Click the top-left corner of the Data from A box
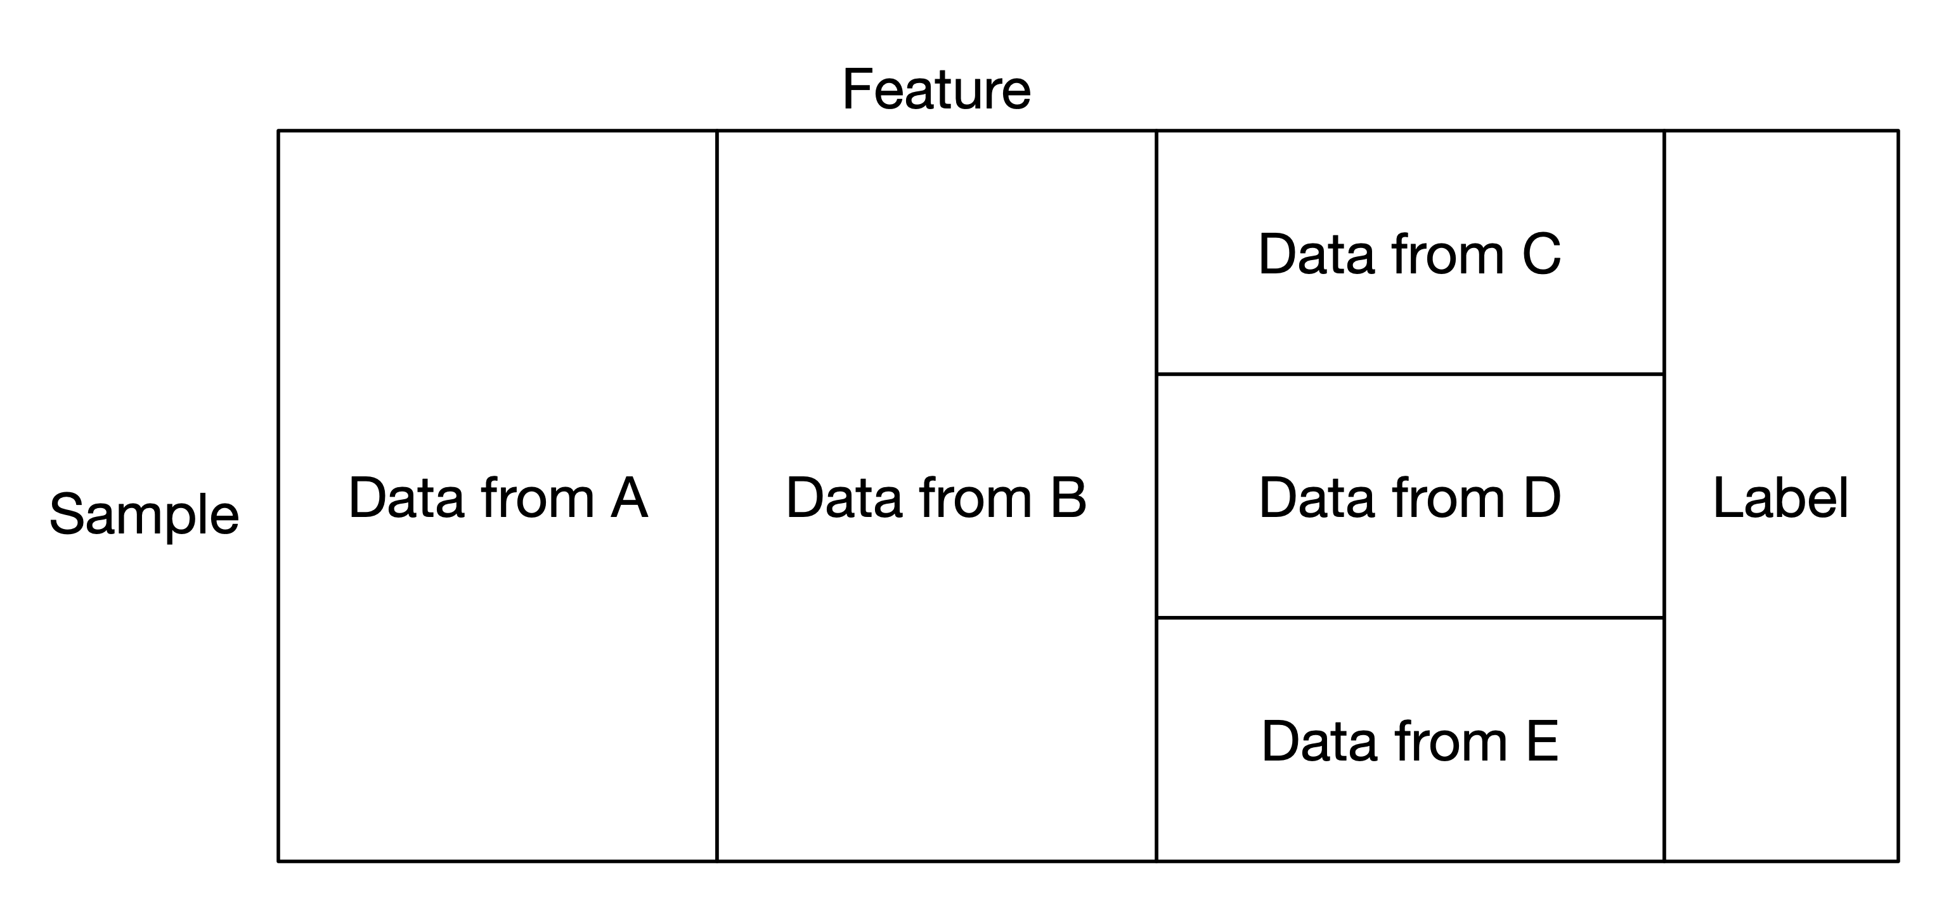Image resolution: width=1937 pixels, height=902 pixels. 278,131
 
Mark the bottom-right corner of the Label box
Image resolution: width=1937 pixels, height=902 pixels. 1898,861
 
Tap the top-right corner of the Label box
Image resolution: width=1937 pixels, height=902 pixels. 1898,131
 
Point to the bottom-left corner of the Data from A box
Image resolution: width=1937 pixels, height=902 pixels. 278,861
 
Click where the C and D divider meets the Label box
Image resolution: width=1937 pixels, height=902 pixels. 1664,374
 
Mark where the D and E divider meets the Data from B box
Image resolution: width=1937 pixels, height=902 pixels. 1156,618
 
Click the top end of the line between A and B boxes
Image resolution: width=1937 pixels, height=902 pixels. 717,131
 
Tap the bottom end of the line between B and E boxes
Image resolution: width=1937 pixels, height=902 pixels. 1156,861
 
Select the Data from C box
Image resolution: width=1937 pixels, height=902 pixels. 1410,252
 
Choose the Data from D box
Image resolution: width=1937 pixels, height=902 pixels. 1410,496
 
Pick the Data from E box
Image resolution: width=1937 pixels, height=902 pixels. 1410,739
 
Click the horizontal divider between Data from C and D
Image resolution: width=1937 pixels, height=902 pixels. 1410,374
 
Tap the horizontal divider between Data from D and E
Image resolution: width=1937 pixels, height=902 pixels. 1410,618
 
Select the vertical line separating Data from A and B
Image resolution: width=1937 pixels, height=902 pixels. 717,496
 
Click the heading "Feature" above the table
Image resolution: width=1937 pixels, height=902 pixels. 936,89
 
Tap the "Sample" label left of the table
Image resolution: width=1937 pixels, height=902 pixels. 145,514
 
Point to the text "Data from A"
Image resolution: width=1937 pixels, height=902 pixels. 498,497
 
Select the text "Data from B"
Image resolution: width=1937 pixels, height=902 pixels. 936,497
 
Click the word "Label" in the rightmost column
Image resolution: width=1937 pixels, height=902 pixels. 1780,497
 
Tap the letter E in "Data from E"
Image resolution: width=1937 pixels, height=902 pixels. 1542,742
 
